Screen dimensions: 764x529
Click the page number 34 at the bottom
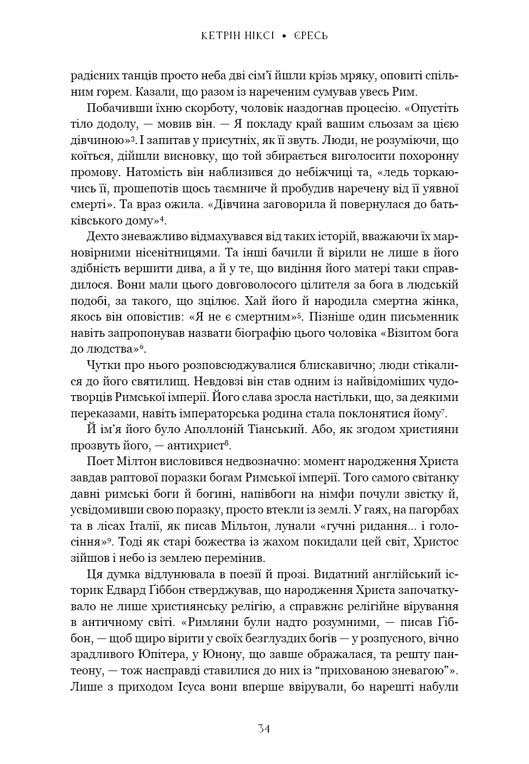264,729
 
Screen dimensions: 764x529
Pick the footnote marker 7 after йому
443,411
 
